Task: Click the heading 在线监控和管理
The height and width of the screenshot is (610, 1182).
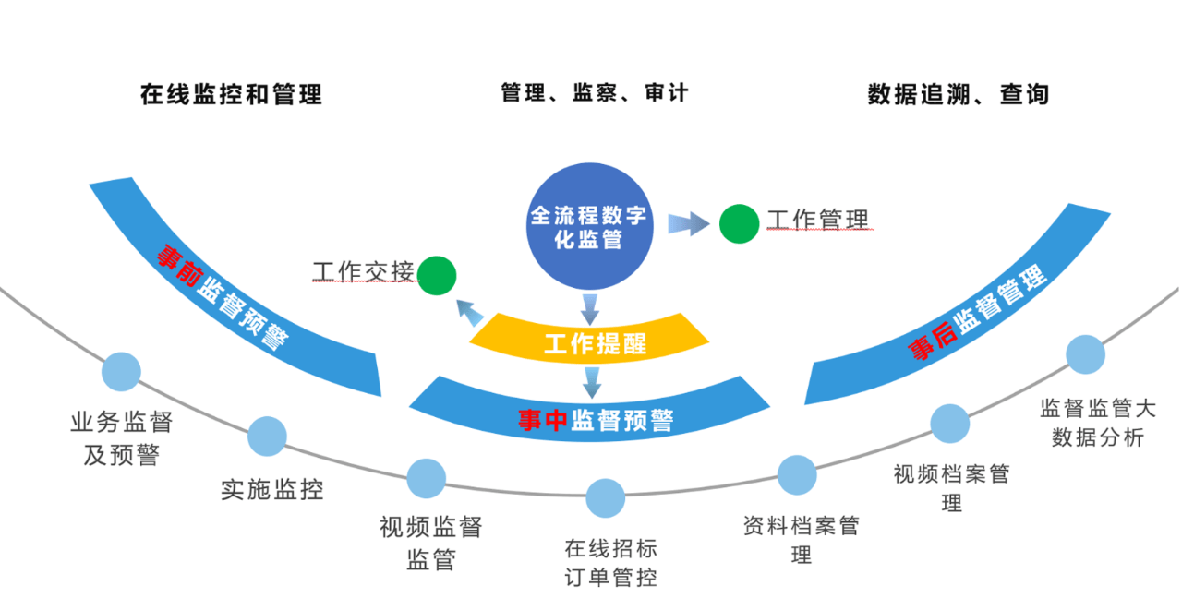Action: [x=231, y=94]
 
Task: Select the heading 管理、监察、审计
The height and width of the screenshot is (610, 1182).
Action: [x=594, y=93]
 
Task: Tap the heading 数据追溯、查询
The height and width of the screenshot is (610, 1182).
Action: [x=958, y=94]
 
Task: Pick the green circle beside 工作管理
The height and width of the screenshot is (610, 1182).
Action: [x=739, y=224]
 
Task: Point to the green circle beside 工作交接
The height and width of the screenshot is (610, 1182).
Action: [x=437, y=275]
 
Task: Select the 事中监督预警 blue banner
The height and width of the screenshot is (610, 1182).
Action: [x=591, y=413]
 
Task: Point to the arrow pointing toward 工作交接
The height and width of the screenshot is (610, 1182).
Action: [x=471, y=315]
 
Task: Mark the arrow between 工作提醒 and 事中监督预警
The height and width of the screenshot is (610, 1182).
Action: [x=591, y=378]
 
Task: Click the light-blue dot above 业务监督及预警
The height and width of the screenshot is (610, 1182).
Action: [x=121, y=372]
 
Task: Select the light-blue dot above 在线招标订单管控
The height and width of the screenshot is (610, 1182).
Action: [x=605, y=498]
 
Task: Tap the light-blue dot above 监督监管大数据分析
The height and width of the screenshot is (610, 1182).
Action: [x=1085, y=355]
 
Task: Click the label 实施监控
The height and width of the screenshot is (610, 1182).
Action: [x=272, y=488]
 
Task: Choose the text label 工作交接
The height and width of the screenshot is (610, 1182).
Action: [x=363, y=272]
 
